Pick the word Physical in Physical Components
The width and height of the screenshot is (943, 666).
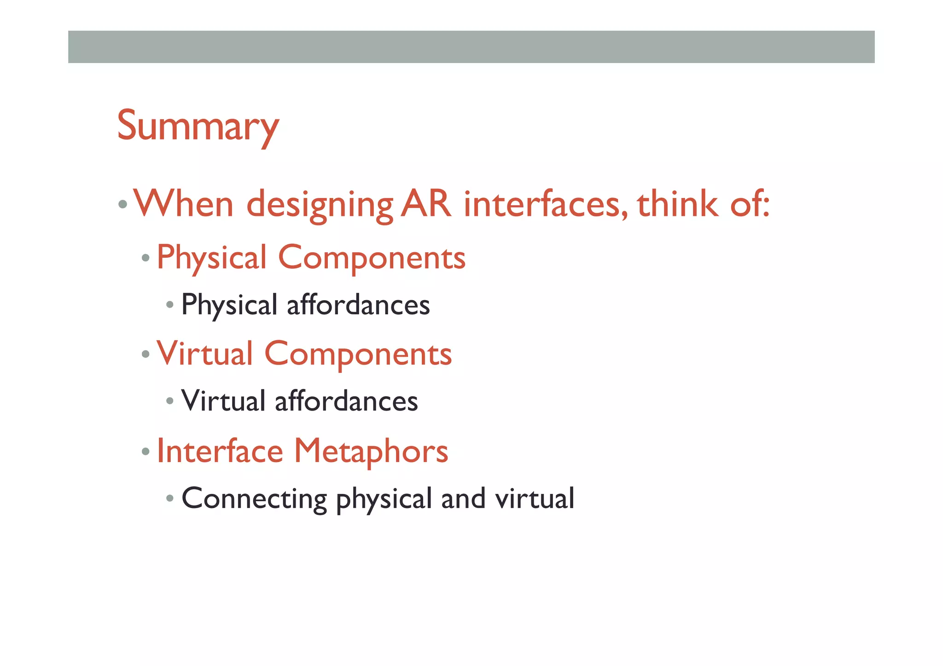click(212, 258)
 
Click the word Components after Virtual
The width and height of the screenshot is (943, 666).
click(358, 354)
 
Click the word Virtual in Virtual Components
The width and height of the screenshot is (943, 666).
click(204, 354)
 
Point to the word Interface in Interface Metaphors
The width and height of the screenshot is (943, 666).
click(220, 451)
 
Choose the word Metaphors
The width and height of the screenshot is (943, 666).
click(371, 451)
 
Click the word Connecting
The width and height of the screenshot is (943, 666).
click(254, 499)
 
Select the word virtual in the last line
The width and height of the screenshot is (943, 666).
click(535, 499)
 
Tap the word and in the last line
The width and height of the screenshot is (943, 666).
click(463, 499)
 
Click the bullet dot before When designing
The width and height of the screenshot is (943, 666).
click(122, 204)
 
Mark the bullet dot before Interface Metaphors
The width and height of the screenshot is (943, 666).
click(146, 452)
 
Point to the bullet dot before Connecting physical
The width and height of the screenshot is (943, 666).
click(170, 498)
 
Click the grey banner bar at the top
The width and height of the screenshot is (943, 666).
click(471, 47)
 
